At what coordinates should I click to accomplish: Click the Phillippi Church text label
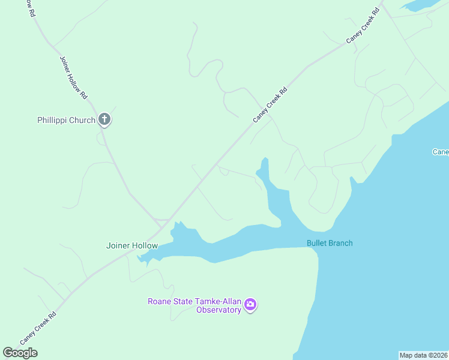tap(66, 120)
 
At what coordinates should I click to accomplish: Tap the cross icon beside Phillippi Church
tap(104, 119)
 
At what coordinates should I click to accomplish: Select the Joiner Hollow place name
tap(131, 245)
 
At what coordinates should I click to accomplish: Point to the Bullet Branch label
tap(330, 243)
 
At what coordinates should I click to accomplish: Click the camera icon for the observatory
tap(251, 305)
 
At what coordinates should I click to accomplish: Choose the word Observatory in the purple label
tap(219, 310)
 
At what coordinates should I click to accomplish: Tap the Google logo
tap(20, 353)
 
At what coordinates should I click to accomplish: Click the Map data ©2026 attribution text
tap(423, 355)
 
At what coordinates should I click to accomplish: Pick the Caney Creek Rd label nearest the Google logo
tap(38, 328)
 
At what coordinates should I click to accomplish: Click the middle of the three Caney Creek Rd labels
tap(270, 104)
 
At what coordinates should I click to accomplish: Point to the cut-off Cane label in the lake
tap(441, 152)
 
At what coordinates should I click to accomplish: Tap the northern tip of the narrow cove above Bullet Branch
tap(264, 160)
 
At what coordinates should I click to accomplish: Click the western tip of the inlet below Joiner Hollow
tap(140, 258)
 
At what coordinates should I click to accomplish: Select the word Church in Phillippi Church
tap(83, 120)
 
